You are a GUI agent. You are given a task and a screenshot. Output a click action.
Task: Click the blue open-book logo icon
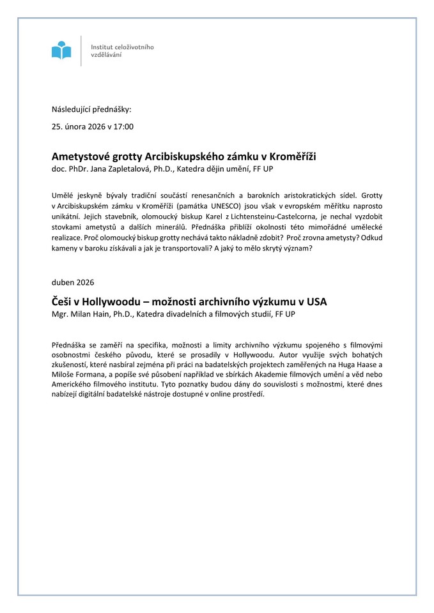61,50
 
